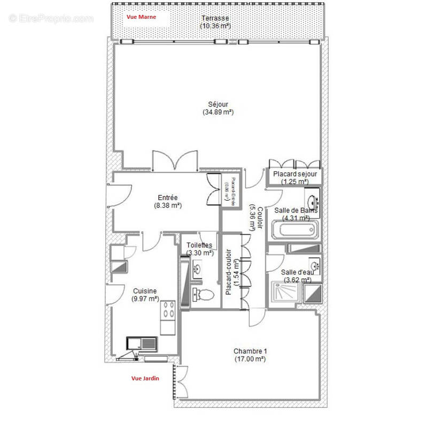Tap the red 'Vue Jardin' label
pos(145,378)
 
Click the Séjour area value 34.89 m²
pos(218,112)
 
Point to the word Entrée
pos(167,197)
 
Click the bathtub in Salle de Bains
pos(296,231)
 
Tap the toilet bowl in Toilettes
pos(205,294)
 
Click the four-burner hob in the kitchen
pos(168,309)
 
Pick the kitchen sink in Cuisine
pos(141,342)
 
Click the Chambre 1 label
pos(250,351)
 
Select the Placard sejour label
pos(295,174)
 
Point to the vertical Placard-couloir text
pos(228,272)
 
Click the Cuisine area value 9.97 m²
pos(145,299)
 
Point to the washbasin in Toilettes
pos(197,269)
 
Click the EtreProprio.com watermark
pos(51,18)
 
